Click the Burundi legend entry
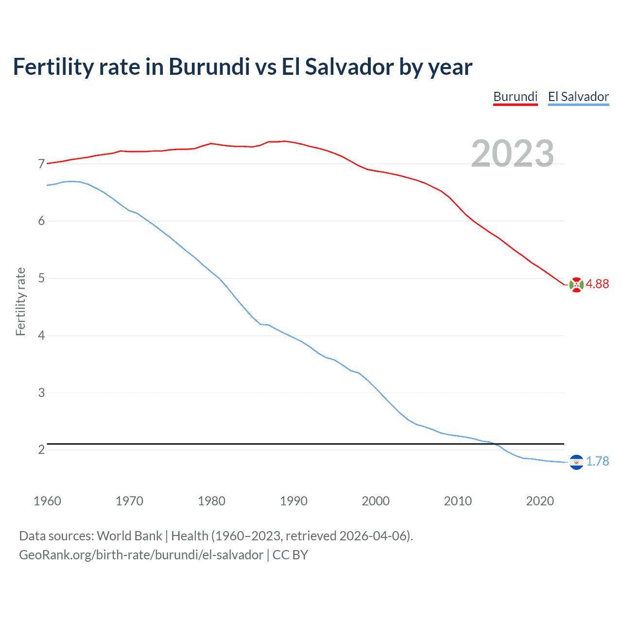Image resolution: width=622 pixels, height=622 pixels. click(x=515, y=97)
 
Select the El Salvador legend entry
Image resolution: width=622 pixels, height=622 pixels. click(x=578, y=97)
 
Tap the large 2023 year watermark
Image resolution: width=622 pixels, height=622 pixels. click(x=512, y=154)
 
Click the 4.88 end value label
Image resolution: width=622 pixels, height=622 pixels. click(x=597, y=284)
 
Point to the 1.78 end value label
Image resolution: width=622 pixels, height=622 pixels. click(x=597, y=461)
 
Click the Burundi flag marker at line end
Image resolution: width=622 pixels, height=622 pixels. click(x=576, y=285)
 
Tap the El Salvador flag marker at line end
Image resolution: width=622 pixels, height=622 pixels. click(x=576, y=462)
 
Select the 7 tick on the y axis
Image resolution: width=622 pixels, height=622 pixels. click(x=41, y=164)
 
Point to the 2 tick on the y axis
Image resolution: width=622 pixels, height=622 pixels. click(x=41, y=450)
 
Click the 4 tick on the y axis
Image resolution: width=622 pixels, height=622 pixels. click(x=41, y=336)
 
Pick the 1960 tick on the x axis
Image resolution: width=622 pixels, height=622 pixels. click(x=47, y=501)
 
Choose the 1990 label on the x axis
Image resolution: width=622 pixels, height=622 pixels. click(x=294, y=501)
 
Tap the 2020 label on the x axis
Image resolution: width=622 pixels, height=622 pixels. click(x=540, y=501)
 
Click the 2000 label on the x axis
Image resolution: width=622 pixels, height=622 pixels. click(x=376, y=501)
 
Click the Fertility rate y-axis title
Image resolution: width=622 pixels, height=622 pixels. click(x=20, y=301)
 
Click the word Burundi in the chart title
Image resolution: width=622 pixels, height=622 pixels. click(x=209, y=67)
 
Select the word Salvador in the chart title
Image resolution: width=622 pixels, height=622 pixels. click(x=349, y=67)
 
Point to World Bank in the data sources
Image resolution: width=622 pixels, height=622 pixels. click(x=129, y=536)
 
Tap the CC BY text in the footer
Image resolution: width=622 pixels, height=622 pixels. click(x=290, y=555)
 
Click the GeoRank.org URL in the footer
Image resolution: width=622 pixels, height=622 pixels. click(x=141, y=555)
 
